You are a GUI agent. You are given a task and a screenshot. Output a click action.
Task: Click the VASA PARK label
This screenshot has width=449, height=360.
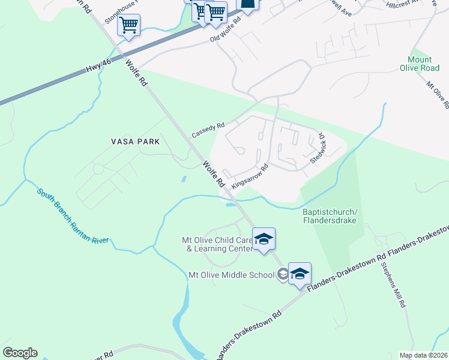click(135, 142)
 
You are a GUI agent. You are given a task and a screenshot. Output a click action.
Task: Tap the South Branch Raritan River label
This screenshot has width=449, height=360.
click(73, 217)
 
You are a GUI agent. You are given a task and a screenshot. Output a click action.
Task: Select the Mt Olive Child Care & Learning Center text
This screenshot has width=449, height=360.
click(215, 244)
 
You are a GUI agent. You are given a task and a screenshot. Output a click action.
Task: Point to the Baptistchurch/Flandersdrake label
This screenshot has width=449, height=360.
click(330, 216)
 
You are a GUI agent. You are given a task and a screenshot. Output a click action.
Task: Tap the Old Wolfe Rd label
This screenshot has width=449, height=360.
click(225, 29)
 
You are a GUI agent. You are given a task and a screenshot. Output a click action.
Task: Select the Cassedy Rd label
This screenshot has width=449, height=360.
click(208, 129)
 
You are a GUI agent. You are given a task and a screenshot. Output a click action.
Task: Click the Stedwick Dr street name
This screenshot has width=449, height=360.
click(318, 149)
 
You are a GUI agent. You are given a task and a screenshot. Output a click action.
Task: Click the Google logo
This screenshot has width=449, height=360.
click(20, 353)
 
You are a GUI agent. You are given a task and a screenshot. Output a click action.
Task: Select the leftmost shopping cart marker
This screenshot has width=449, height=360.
click(128, 26)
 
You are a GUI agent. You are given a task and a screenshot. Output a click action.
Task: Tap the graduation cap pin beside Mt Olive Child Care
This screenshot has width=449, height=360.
click(264, 239)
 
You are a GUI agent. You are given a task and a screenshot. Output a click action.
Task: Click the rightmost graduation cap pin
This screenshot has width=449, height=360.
click(300, 274)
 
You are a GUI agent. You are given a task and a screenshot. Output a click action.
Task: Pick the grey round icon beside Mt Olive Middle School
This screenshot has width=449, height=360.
click(282, 275)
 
